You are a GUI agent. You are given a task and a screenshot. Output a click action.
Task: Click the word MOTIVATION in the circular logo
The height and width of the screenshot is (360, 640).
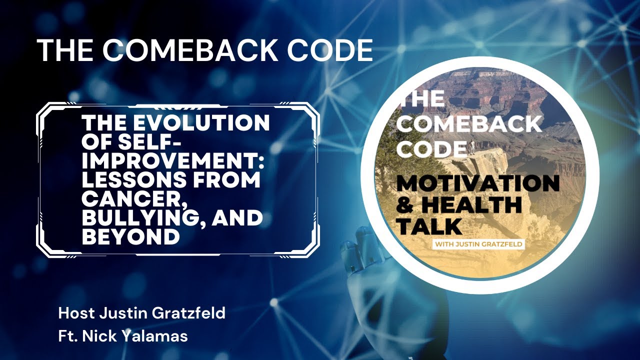tap(477, 184)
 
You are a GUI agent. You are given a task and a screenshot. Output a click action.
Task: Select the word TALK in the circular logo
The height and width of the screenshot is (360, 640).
tap(429, 226)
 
